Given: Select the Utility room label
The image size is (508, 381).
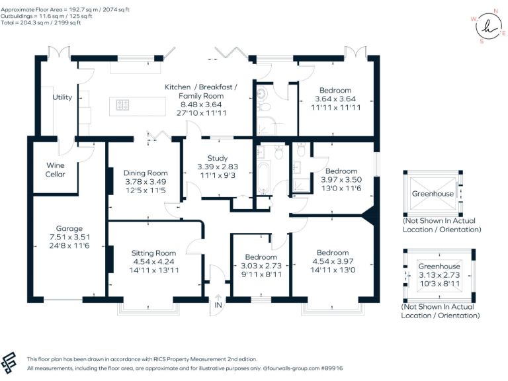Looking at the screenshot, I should point(63,97).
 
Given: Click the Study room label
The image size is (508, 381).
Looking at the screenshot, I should point(218,158).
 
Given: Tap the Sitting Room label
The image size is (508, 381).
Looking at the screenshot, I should point(153,253).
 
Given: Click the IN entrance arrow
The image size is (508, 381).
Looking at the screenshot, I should point(218,306).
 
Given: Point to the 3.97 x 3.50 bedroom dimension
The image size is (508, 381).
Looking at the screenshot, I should point(339,180).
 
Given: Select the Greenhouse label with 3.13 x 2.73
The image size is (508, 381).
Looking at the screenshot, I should point(439,267).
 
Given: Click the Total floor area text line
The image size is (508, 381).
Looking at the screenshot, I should point(40,22).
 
